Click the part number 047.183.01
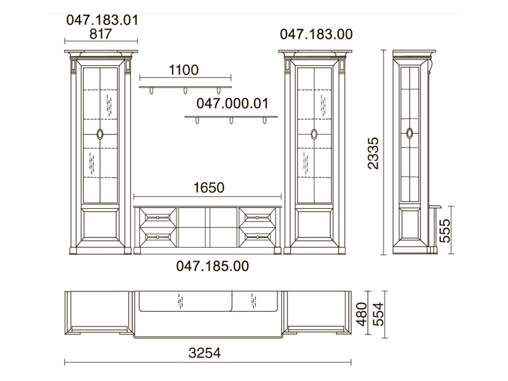coord(102,20)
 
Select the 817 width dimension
coord(100,34)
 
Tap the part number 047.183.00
coord(316,34)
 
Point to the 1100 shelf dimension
coord(184,70)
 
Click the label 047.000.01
coord(232,104)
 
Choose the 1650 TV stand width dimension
coord(209,187)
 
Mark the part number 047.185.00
coord(213,266)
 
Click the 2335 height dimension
coord(373,153)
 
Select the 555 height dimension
coord(445,231)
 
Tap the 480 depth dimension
coord(361,314)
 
